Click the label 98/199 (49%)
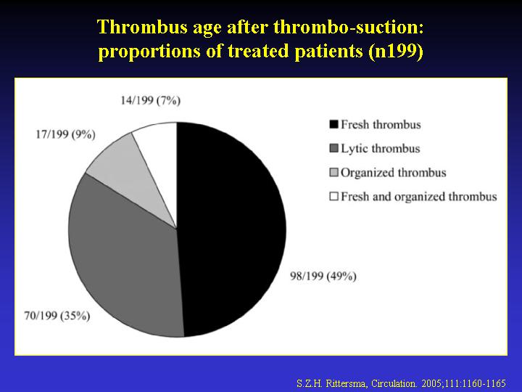click(x=323, y=276)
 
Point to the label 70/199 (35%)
click(x=57, y=315)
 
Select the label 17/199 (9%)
click(x=65, y=134)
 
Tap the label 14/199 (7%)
click(x=151, y=100)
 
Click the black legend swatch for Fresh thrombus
click(x=333, y=124)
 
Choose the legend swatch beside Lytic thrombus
click(x=333, y=148)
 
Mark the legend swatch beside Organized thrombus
click(x=333, y=172)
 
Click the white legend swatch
click(x=333, y=196)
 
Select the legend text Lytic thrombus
click(x=380, y=149)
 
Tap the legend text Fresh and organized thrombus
click(x=419, y=197)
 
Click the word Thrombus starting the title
click(x=143, y=27)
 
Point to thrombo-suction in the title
click(x=349, y=27)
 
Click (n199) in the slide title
click(x=396, y=52)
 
